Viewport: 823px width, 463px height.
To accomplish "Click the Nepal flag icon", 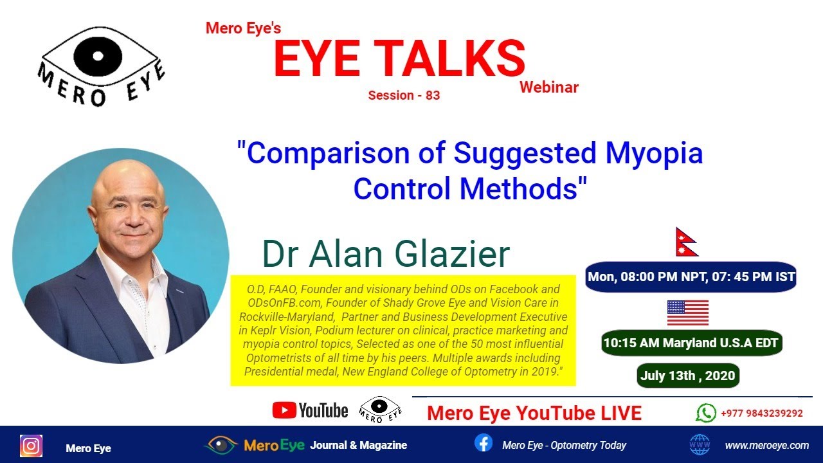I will point(686,242).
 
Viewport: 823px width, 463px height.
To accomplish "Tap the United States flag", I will point(687,313).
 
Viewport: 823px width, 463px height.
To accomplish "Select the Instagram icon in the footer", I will point(31,446).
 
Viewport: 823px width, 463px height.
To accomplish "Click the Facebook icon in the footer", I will point(483,443).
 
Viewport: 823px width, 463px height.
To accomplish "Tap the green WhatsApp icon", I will point(705,413).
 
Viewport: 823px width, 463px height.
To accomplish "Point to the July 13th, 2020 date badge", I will point(688,376).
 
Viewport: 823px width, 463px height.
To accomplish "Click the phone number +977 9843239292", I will point(761,413).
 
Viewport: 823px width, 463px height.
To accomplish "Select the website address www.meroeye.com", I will point(766,445).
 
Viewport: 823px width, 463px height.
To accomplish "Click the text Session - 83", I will point(404,95).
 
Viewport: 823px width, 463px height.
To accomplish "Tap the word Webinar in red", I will point(549,87).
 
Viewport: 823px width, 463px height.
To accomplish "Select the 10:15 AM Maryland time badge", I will point(691,343).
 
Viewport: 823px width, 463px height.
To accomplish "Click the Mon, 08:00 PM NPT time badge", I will point(691,277).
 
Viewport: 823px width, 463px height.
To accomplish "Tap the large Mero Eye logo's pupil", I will point(97,55).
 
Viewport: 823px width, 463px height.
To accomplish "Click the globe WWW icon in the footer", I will point(699,444).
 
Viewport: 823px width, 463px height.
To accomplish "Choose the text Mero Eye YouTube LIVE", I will point(534,413).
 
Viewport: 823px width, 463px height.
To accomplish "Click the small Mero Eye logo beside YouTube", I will point(379,410).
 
